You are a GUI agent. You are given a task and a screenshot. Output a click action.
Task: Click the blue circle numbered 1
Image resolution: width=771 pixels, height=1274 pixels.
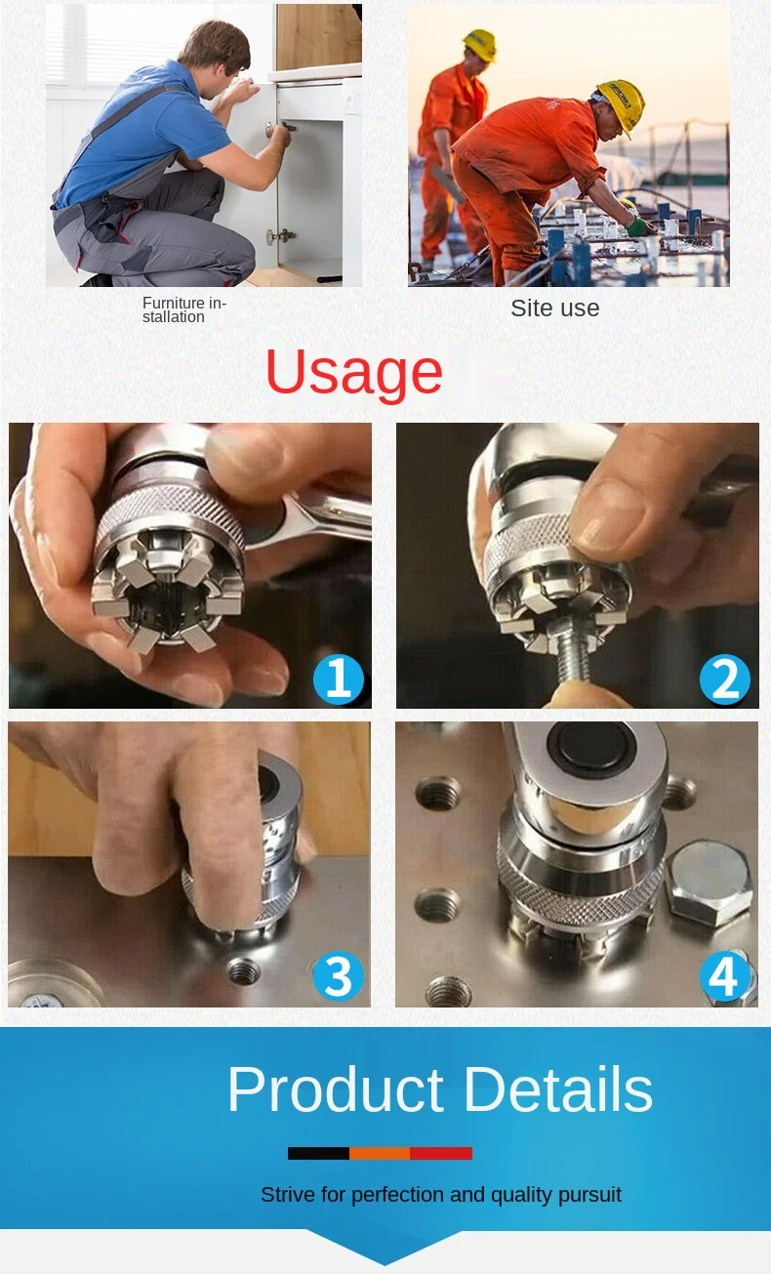(339, 679)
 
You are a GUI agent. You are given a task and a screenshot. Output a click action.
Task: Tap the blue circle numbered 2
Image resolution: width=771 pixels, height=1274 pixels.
(725, 679)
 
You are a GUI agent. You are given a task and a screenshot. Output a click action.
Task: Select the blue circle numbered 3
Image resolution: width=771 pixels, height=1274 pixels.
(339, 976)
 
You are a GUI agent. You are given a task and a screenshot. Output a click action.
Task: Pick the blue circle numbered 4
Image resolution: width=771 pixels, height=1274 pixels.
(725, 976)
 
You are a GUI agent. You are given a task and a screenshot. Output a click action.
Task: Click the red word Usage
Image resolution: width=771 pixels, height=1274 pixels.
(353, 373)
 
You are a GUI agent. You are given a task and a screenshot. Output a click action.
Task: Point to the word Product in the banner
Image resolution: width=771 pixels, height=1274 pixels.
(336, 1089)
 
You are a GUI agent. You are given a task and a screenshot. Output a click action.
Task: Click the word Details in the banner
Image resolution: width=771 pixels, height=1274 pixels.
(558, 1089)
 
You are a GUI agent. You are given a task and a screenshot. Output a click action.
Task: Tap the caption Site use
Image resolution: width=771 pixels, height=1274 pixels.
(555, 308)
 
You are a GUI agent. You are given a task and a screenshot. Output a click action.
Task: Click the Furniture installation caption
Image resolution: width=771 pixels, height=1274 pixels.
(184, 310)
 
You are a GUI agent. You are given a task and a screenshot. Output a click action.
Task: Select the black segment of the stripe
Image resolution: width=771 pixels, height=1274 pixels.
(318, 1153)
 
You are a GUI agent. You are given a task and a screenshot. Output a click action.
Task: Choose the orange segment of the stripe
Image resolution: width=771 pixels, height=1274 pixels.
(380, 1153)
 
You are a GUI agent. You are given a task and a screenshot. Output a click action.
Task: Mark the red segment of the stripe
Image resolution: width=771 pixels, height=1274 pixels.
(441, 1153)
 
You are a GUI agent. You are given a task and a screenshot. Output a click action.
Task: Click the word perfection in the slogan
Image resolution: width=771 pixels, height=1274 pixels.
(398, 1195)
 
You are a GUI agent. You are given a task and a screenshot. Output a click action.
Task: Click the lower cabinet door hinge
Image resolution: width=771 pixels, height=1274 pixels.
(281, 235)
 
